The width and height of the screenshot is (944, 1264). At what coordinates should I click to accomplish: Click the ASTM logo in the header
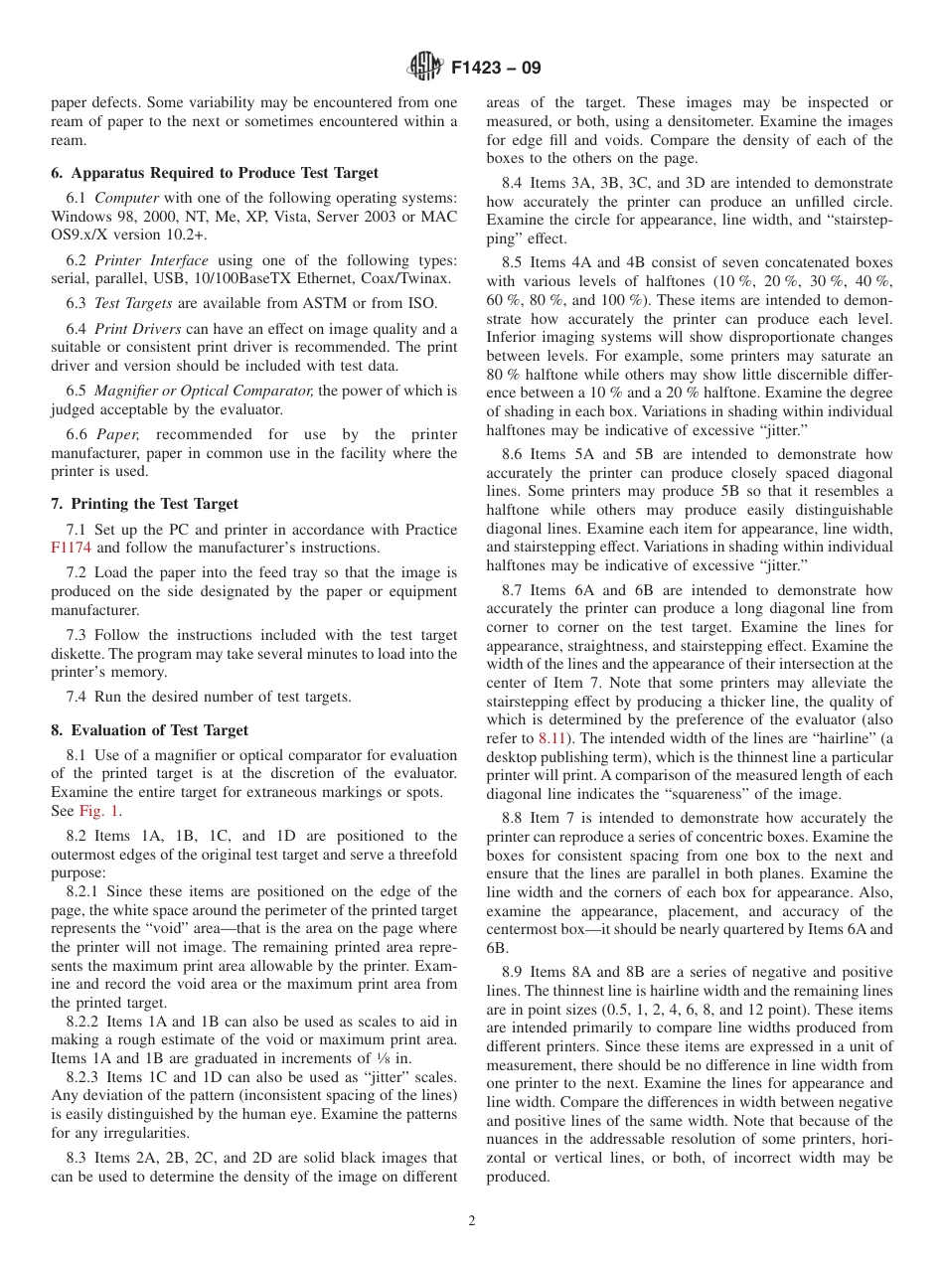pos(425,67)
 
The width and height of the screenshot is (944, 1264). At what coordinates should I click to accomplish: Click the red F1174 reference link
pos(70,548)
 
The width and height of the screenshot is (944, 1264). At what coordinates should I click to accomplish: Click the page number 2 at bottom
pos(472,1221)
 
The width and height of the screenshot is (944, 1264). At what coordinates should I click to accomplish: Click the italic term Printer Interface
pos(152,259)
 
